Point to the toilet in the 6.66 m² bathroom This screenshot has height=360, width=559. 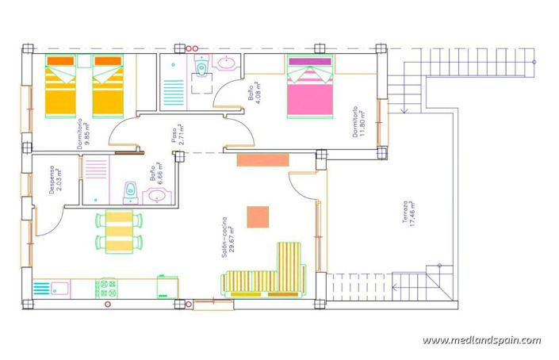[x=130, y=190]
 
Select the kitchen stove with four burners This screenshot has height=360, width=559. [x=106, y=287]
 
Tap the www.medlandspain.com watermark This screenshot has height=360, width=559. [x=481, y=340]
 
